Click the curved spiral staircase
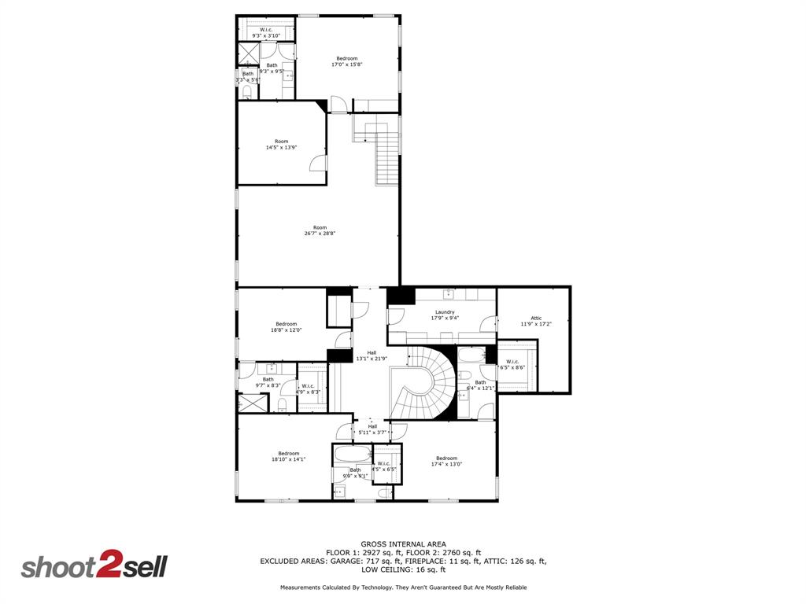click(x=425, y=385)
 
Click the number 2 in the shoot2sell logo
click(x=107, y=565)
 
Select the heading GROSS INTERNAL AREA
click(x=403, y=544)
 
